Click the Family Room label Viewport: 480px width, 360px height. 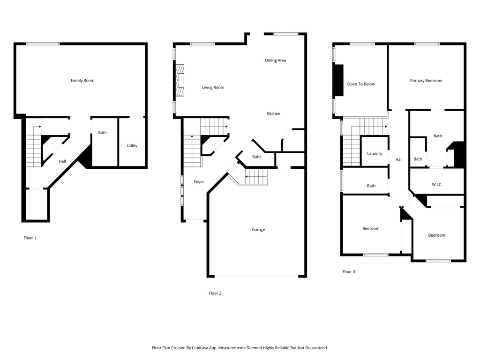82,81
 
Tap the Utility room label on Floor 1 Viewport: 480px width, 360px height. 132,146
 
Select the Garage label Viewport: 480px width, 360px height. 258,230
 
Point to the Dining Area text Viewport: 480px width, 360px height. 276,60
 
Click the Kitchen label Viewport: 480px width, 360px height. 273,113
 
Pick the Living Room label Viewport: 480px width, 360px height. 213,88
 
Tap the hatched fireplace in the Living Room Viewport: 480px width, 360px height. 180,81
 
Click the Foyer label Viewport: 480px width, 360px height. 199,182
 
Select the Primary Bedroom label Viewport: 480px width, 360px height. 426,81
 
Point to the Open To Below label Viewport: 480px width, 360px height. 361,84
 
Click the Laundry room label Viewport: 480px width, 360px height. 375,154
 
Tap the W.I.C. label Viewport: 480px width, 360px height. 437,185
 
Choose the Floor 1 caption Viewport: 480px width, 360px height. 30,238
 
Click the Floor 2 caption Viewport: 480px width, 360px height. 215,293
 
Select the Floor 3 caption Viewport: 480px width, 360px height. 349,272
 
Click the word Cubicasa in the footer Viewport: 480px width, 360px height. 201,348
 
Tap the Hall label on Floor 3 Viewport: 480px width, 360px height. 399,159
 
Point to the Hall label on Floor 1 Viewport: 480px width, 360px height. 62,161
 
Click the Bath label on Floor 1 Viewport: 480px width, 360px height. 102,133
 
